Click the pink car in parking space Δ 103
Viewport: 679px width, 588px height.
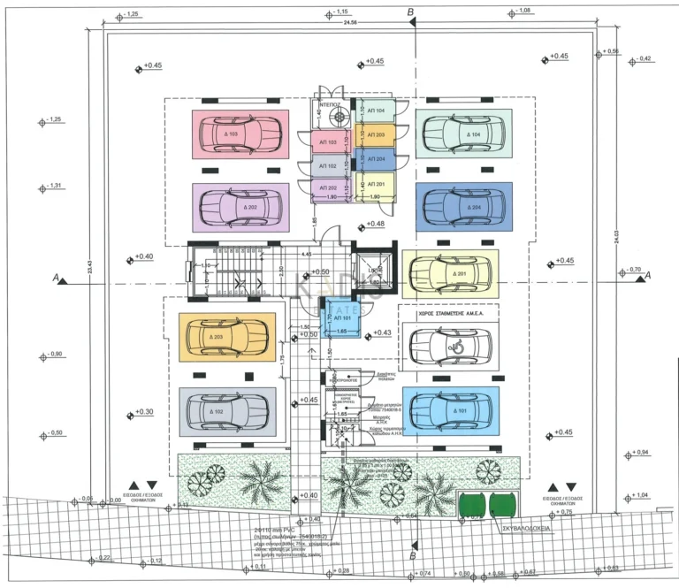click(x=240, y=134)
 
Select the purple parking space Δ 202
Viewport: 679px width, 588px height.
click(x=240, y=208)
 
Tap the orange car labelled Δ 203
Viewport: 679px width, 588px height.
click(x=227, y=337)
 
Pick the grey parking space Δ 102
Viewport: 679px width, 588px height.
click(x=227, y=411)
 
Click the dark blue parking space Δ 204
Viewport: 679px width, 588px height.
click(x=463, y=207)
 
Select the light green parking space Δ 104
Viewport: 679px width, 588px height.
click(x=463, y=134)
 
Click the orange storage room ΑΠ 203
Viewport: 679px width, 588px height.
click(x=375, y=134)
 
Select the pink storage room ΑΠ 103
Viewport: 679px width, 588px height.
click(x=326, y=142)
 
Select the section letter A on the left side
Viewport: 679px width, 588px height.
click(x=57, y=278)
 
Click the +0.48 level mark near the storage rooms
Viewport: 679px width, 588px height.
click(x=375, y=225)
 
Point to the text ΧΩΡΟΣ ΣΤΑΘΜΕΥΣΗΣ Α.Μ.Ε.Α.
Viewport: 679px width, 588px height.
click(x=447, y=313)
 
